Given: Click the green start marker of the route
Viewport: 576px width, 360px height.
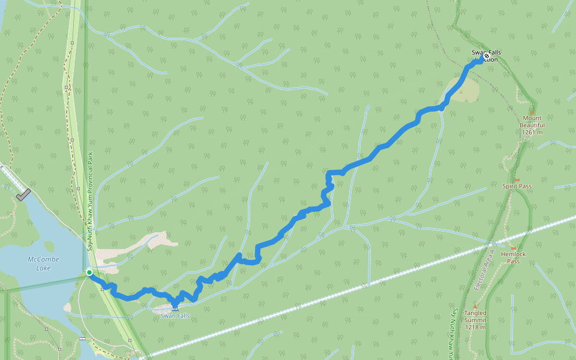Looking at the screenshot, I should point(89,272).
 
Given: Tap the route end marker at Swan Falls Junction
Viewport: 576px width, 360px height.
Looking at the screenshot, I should point(486,56).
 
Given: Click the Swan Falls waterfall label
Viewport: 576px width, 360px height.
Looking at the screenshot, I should point(175,316).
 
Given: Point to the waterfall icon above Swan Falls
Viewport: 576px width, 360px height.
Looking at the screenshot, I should point(175,308).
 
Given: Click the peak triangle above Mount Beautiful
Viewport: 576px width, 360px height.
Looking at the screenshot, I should point(532,112).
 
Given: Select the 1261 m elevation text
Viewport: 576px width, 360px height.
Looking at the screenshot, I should point(532,132).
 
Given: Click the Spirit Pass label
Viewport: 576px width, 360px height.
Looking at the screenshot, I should point(517,186).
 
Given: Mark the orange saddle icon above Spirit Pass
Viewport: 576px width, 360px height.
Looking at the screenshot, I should point(517,179).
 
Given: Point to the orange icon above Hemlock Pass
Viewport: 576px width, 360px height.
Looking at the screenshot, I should point(513,247).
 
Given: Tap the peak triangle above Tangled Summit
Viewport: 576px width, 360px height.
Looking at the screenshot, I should point(475,306).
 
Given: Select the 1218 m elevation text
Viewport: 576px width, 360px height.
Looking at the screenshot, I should point(475,327).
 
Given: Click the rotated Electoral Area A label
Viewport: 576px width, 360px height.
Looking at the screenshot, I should point(483,270).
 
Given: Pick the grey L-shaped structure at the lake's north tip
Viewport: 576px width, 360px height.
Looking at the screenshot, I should point(23,194).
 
